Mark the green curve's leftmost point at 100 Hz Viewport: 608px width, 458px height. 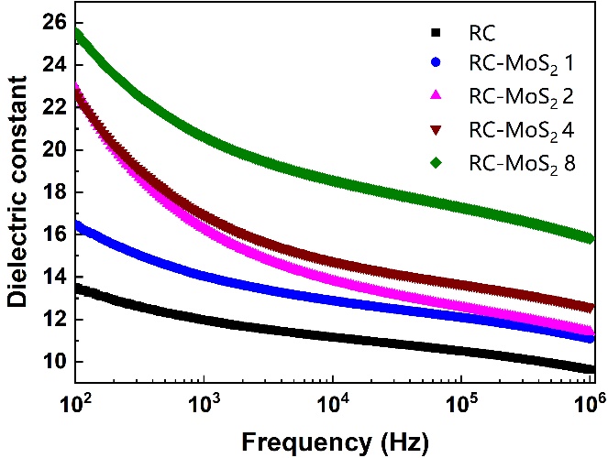pyautogui.click(x=77, y=33)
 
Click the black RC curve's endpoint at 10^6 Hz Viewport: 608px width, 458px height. pyautogui.click(x=591, y=368)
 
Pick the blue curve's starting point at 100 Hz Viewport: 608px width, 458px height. pyautogui.click(x=77, y=224)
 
